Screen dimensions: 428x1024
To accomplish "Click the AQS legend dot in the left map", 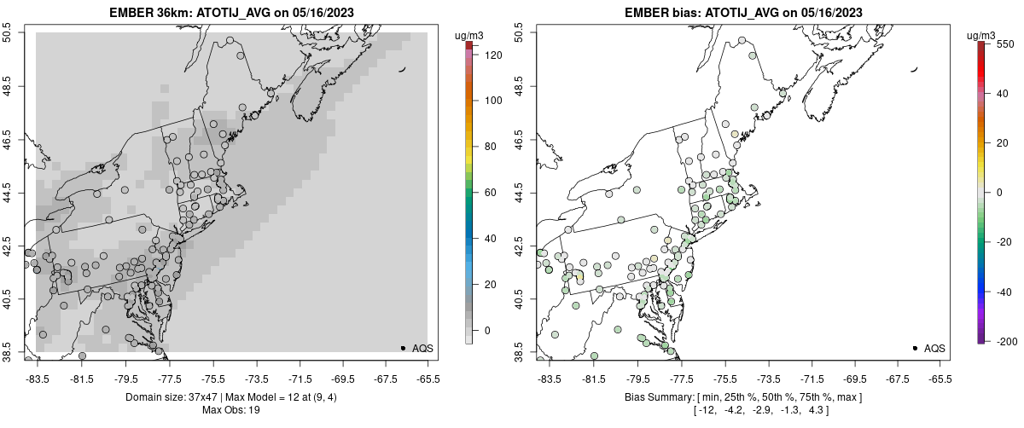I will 403,348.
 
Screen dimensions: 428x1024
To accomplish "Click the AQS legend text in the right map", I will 934,348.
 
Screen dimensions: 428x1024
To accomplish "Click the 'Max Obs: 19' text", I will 230,410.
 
